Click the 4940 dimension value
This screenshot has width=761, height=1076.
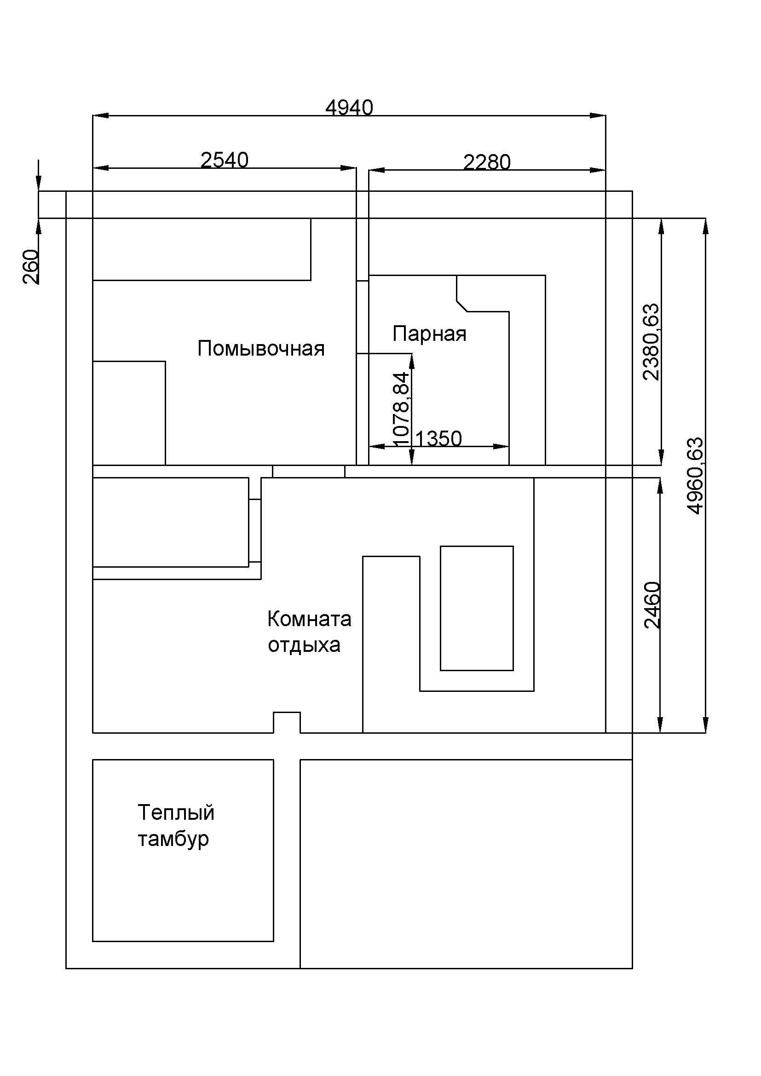(x=349, y=108)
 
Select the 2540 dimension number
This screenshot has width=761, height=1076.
(x=225, y=160)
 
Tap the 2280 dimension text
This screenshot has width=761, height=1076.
(x=487, y=162)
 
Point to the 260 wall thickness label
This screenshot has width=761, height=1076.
(x=31, y=267)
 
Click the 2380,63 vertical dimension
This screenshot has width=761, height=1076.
(x=651, y=342)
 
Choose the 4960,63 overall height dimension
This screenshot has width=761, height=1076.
(x=695, y=476)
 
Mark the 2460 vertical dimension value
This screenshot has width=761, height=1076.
(x=652, y=605)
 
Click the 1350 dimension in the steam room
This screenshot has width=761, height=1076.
(x=438, y=439)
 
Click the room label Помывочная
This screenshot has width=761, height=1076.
(x=261, y=349)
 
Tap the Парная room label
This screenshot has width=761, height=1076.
(x=430, y=334)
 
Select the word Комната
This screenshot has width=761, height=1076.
(x=309, y=619)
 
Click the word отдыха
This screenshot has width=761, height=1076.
(x=304, y=645)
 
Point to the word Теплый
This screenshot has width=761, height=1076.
(x=176, y=812)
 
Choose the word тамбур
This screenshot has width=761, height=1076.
(x=173, y=839)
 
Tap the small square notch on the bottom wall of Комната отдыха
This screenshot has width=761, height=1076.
(x=287, y=713)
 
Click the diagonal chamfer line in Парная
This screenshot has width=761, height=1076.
(x=462, y=306)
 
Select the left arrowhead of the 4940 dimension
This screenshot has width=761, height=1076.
(x=101, y=116)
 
